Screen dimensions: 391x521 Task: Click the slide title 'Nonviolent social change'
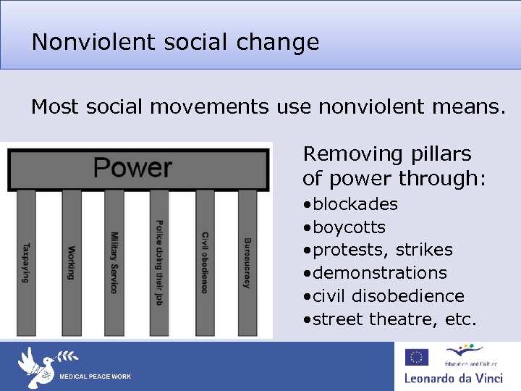coord(175,42)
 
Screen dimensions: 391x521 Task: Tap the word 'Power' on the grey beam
coord(132,167)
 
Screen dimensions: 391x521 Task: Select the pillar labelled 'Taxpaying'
coord(27,262)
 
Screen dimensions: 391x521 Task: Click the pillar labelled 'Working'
coord(71,262)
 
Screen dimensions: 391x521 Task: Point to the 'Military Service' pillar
coord(114,262)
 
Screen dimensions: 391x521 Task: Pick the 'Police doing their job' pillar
coord(159,262)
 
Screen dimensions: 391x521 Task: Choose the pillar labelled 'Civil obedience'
coord(204,262)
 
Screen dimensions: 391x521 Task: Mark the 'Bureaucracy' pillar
coord(247,262)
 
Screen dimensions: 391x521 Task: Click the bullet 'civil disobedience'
coord(388,296)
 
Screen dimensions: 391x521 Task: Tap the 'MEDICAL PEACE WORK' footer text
coord(95,377)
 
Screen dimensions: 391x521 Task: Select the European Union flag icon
coord(417,357)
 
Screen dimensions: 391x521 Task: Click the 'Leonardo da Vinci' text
coord(457,378)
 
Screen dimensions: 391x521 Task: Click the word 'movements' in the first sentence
coord(210,108)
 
